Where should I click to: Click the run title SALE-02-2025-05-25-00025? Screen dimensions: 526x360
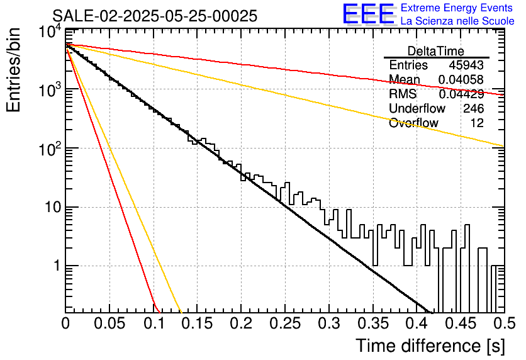155,16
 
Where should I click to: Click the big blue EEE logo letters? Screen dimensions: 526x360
369,14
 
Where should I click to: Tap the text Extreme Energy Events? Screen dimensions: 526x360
457,8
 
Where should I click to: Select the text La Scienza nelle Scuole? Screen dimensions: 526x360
457,21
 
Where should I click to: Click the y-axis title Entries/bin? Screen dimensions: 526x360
13,70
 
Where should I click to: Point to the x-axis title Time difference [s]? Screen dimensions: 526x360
430,346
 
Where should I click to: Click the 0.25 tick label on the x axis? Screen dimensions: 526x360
285,323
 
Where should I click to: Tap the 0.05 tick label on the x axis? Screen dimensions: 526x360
109,323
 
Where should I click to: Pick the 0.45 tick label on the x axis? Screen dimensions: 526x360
461,323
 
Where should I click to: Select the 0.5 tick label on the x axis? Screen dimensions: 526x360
504,323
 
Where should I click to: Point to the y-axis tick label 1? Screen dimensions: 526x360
57,266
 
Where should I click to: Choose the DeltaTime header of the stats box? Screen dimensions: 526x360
436,51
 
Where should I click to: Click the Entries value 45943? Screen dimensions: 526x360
466,65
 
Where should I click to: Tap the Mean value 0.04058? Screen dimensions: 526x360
461,79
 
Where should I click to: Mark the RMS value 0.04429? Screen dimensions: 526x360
461,94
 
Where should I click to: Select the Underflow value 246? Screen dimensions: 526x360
473,108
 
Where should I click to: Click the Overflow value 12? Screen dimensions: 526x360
477,123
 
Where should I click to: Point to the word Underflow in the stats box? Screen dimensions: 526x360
417,108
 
